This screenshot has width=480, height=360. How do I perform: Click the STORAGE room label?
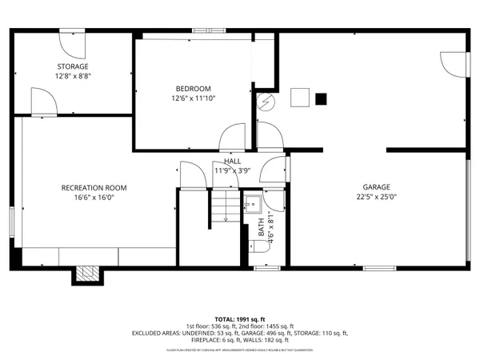coord(72,66)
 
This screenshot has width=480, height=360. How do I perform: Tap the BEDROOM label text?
coord(193,88)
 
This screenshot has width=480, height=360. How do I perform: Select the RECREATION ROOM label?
coord(94,188)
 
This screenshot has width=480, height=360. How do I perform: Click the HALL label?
coord(232,161)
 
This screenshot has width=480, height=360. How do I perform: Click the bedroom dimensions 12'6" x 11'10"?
coord(193,98)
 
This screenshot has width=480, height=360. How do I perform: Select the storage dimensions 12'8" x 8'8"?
coord(72,75)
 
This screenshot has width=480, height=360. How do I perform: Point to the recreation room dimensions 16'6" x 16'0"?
coord(94,198)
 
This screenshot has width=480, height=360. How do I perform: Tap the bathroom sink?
coord(253,203)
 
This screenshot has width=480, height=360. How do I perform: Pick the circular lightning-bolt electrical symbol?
coord(266,102)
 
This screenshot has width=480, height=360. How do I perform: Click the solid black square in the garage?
coord(321,99)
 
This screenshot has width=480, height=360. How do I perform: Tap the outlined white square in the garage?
coord(299,98)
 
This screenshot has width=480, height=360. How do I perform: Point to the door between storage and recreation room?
coord(42,102)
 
